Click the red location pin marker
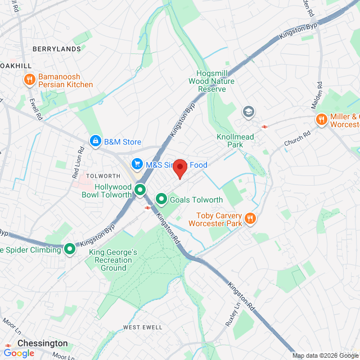tap(179, 168)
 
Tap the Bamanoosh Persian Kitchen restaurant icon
tap(29, 80)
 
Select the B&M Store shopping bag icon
tap(96, 141)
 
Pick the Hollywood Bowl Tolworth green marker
tap(140, 191)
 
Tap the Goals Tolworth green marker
tap(161, 199)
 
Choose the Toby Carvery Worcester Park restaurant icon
tap(251, 219)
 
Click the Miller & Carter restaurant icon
tap(321, 120)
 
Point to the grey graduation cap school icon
tap(248, 112)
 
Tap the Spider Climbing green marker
tap(70, 249)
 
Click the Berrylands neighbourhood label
tap(56, 49)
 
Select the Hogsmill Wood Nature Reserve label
tap(215, 81)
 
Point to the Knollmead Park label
tap(235, 141)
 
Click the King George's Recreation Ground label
tap(113, 260)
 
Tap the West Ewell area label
tap(143, 327)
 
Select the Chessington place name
tap(43, 343)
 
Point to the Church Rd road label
tap(297, 139)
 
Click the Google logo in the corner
tap(19, 353)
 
